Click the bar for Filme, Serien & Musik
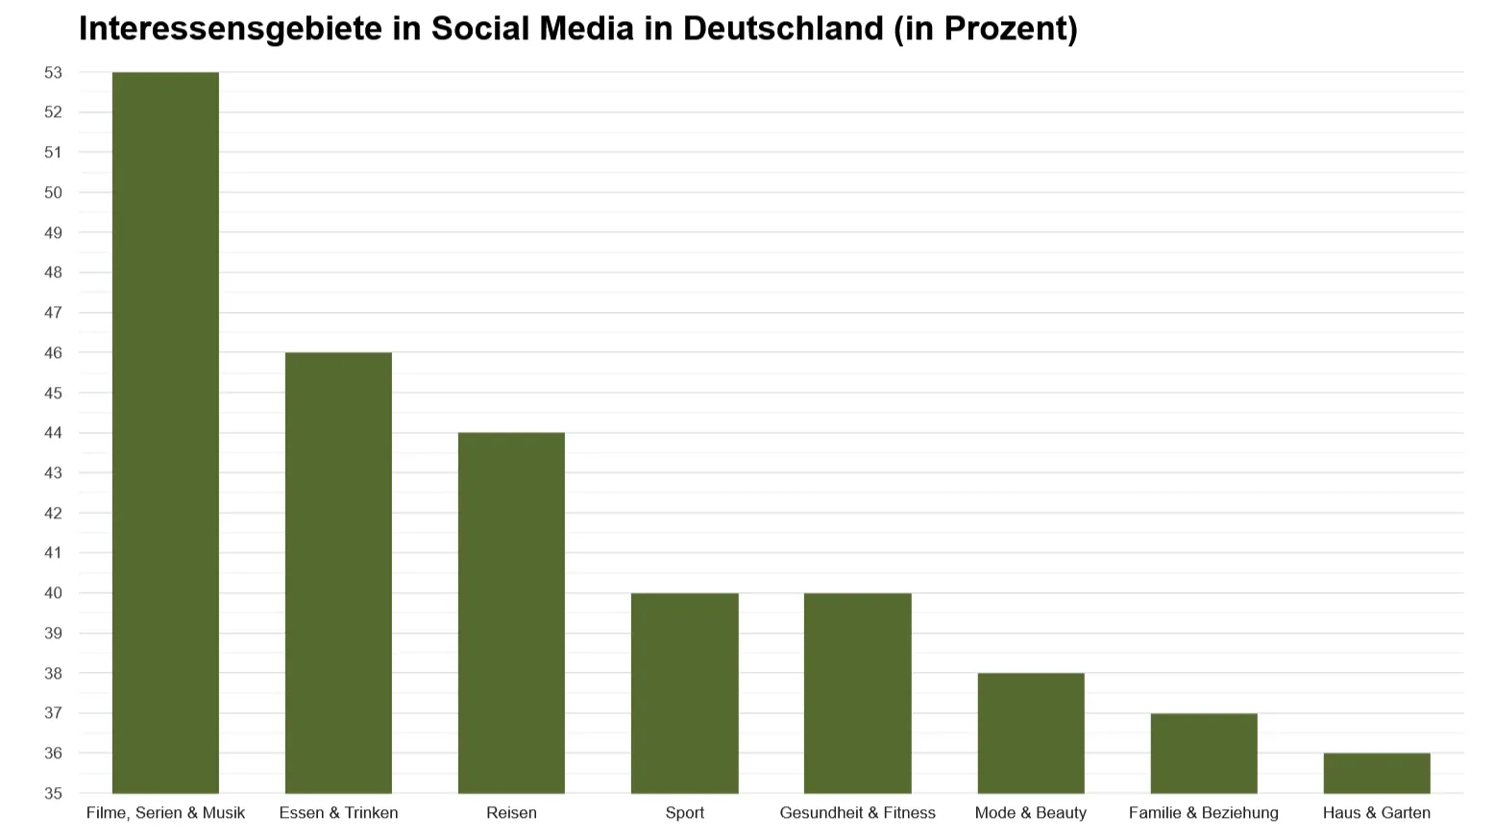coord(165,432)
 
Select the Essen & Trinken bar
coord(338,572)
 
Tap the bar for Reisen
coord(511,612)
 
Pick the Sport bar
coord(684,693)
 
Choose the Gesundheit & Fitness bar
coord(857,693)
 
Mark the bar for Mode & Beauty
coord(1030,733)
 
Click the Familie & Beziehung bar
coord(1203,754)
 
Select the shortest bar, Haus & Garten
coord(1376,774)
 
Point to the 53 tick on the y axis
coord(53,72)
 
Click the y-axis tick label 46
coord(53,352)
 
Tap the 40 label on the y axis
coord(53,593)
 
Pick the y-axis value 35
coord(53,794)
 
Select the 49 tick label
coord(53,232)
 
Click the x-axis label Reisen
coord(511,813)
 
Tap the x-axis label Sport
coord(684,813)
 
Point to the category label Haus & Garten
coord(1376,813)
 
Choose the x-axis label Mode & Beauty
coord(1030,813)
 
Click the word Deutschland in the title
coord(783,29)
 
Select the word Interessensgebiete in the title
coord(231,29)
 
